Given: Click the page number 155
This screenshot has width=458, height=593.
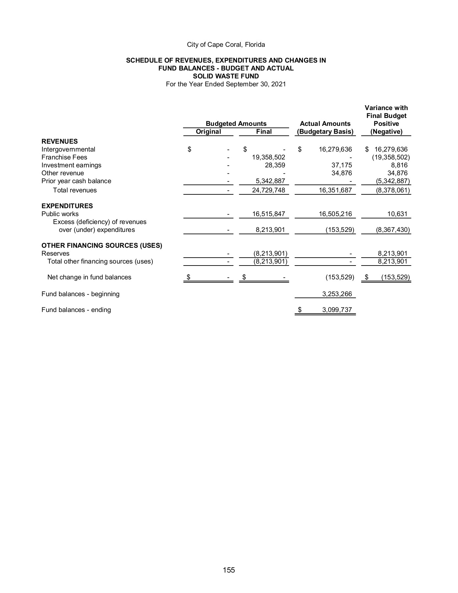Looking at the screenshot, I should coord(229,570).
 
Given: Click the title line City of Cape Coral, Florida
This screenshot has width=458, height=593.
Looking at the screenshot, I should coord(226,44).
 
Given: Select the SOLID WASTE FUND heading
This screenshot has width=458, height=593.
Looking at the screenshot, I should coord(226,76).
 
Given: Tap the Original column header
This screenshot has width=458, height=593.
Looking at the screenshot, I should coord(208,132).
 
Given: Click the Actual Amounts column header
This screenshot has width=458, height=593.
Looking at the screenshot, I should coord(325,124).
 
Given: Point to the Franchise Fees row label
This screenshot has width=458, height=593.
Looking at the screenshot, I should coord(64,157).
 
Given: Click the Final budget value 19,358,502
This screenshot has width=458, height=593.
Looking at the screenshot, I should coord(268,157).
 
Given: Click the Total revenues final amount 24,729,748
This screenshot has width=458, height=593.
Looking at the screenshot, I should coord(268,190).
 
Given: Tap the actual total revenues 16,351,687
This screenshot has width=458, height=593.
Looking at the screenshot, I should coord(335,190).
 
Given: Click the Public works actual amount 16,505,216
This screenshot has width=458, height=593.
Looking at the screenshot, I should coord(335,214).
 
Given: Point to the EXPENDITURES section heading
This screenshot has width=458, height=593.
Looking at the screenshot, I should coord(67,206).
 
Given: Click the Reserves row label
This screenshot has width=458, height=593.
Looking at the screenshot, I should coord(55,253).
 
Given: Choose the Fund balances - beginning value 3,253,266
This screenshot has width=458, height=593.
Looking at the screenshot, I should coord(337,294).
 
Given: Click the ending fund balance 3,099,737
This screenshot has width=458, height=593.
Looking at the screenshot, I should coord(337,310).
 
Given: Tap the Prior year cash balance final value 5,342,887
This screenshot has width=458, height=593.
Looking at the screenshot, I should coord(270,181).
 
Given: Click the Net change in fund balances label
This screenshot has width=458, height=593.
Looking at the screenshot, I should coord(89,277).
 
